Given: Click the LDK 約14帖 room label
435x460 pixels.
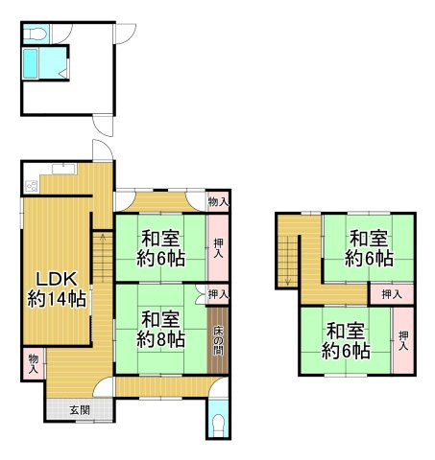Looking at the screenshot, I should [57, 288].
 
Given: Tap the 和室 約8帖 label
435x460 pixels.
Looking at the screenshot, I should [158, 329].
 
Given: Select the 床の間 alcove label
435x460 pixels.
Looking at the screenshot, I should [218, 340].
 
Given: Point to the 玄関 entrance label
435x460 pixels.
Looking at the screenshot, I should [80, 410].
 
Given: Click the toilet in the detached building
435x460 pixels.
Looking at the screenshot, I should [35, 34].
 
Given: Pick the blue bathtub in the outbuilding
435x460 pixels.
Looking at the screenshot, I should [30, 65].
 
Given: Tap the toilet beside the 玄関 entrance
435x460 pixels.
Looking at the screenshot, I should [218, 425].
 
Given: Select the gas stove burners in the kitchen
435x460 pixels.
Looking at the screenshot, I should [32, 185].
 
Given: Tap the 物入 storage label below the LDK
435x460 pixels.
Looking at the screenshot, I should [34, 362].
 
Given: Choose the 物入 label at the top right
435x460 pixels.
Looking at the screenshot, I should [219, 201].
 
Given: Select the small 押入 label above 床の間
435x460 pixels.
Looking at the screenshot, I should [219, 294].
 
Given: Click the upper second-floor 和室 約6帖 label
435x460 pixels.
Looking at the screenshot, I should [369, 248].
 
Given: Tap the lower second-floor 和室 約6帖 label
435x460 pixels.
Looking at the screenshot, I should [347, 341].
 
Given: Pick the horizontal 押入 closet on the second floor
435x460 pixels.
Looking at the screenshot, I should [392, 293].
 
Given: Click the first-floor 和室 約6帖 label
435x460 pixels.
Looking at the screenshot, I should [158, 248].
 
